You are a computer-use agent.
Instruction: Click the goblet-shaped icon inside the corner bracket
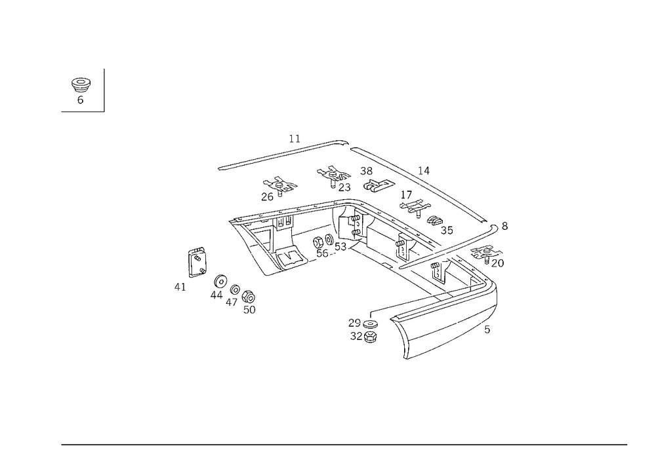(81, 90)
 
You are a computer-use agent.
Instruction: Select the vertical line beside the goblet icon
(106, 90)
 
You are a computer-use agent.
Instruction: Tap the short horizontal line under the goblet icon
(82, 111)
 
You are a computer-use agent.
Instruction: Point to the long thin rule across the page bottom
(344, 444)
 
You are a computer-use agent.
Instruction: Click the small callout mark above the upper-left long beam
(296, 138)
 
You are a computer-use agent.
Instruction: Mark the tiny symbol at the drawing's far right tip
(504, 226)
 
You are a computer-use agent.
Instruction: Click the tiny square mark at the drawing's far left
(177, 286)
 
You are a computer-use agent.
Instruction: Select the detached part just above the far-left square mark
(197, 260)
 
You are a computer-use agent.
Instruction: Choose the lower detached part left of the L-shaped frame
(234, 293)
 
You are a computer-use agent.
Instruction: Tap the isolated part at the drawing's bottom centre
(363, 329)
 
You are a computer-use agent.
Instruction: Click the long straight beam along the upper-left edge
(276, 156)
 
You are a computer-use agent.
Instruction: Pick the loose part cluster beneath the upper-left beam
(279, 188)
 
